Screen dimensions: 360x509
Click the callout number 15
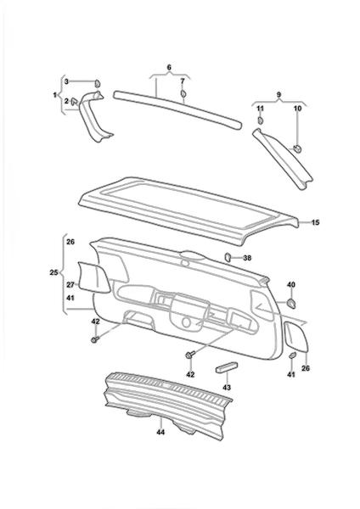point(315,222)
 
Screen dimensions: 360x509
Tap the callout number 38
point(247,258)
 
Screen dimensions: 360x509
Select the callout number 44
point(160,432)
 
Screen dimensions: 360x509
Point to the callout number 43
point(227,388)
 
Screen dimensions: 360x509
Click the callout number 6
point(169,68)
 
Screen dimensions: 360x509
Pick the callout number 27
point(70,285)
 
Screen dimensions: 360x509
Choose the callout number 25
point(54,272)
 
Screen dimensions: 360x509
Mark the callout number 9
point(278,95)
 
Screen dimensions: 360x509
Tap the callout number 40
point(290,285)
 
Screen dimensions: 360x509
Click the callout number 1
point(55,95)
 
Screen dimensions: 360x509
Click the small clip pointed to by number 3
point(98,83)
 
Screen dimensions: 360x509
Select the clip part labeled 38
point(228,257)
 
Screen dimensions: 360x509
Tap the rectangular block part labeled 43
point(227,367)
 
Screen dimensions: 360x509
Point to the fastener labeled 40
point(291,303)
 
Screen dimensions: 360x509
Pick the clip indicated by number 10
point(297,148)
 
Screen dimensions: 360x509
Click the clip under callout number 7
point(183,93)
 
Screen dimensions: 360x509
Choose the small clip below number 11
point(261,120)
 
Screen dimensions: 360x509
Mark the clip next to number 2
point(75,101)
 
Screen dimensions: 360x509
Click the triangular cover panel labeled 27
point(93,278)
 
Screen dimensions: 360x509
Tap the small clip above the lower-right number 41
point(292,355)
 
